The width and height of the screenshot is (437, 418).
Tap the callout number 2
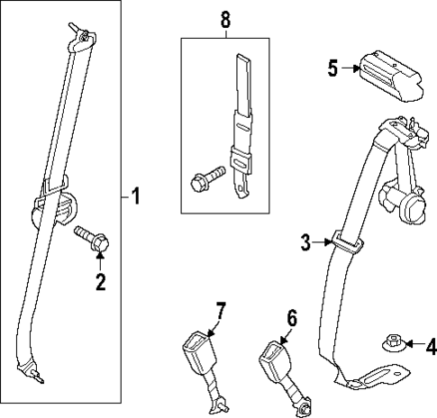point(101,283)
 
